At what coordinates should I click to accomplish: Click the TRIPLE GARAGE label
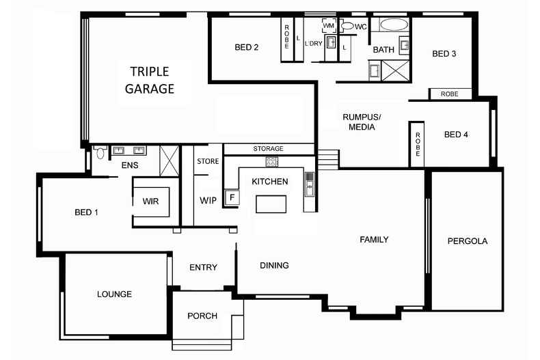[x=150, y=80]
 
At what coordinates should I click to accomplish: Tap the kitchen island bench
[x=271, y=204]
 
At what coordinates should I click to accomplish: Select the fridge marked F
[x=232, y=197]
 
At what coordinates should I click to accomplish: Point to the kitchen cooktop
[x=272, y=162]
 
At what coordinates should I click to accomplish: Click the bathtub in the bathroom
[x=394, y=25]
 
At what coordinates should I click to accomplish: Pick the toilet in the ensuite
[x=100, y=152]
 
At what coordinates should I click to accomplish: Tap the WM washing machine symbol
[x=329, y=26]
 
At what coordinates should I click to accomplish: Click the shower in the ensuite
[x=170, y=161]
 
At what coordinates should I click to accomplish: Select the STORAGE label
[x=268, y=149]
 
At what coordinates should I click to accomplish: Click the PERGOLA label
[x=468, y=241]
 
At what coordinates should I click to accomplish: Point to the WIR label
[x=150, y=202]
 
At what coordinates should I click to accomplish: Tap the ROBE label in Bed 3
[x=449, y=94]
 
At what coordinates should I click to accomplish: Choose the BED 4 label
[x=456, y=135]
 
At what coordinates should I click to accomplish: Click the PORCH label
[x=202, y=316]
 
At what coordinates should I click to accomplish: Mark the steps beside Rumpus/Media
[x=328, y=160]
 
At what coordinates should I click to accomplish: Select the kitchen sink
[x=310, y=184]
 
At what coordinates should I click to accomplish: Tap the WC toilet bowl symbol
[x=347, y=26]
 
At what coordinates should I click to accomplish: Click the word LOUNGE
[x=114, y=294]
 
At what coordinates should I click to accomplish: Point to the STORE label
[x=208, y=161]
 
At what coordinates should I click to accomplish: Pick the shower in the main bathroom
[x=396, y=70]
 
